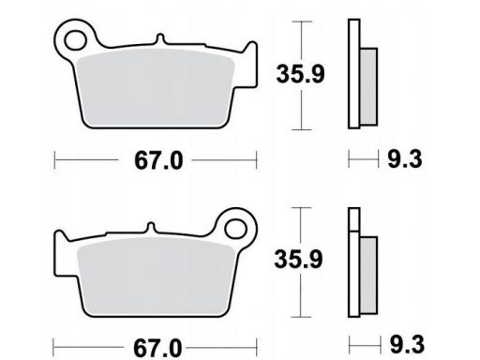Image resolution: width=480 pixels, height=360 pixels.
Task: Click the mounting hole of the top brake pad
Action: click(x=75, y=40)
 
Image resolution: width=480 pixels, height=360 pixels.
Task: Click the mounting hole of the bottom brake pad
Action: click(x=235, y=229)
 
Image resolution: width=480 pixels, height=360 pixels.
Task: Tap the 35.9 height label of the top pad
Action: click(x=300, y=74)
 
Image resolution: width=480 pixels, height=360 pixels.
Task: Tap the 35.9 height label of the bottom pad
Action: click(x=298, y=260)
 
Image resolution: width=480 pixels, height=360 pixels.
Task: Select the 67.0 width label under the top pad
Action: click(x=158, y=160)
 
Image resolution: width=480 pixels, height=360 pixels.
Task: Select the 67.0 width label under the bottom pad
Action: click(x=157, y=348)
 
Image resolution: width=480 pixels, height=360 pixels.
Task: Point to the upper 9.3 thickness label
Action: click(x=405, y=159)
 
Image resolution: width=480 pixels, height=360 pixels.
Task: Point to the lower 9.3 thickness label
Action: click(x=407, y=344)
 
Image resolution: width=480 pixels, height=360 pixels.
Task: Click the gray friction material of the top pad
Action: click(x=156, y=87)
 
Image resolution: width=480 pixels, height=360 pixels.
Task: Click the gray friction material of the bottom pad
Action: click(x=157, y=276)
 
